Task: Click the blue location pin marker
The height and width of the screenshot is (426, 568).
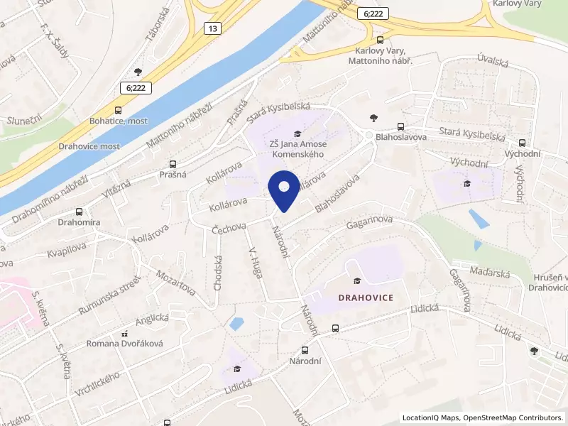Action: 284,190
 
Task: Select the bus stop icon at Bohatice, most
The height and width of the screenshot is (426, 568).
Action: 118,110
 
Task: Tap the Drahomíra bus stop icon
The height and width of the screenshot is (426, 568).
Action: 78,212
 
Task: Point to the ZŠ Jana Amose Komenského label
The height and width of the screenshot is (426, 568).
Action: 296,148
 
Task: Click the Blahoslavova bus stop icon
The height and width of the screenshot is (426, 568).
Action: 402,126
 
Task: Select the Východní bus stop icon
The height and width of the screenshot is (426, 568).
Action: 523,142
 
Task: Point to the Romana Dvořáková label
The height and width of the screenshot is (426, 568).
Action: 125,344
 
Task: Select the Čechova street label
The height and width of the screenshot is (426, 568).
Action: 229,228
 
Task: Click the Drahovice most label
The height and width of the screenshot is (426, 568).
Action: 89,146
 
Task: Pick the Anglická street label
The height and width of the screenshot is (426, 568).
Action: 151,319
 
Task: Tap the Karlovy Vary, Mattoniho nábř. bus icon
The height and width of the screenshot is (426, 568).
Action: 381,40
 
